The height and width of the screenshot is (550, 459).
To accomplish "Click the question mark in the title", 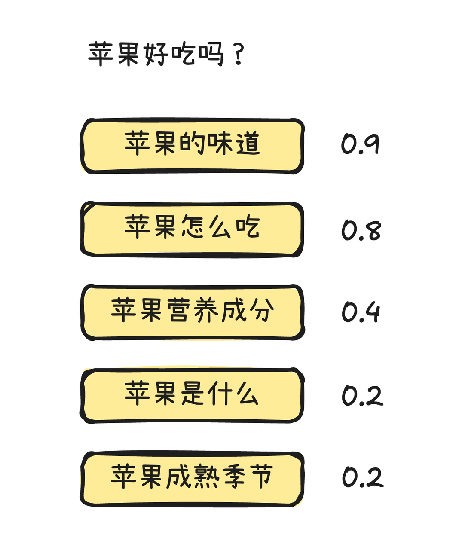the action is pyautogui.click(x=239, y=55).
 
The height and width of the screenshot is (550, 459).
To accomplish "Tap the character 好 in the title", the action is pyautogui.click(x=157, y=54).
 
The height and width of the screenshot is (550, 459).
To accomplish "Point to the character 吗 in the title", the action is pyautogui.click(x=211, y=54).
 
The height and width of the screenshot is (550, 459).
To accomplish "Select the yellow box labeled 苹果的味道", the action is pyautogui.click(x=192, y=146).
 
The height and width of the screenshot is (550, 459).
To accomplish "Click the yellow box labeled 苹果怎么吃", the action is pyautogui.click(x=192, y=229).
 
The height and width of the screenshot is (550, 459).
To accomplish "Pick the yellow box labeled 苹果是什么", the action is pyautogui.click(x=192, y=395).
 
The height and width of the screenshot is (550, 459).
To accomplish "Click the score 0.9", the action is pyautogui.click(x=360, y=144).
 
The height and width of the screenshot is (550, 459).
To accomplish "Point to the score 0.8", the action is pyautogui.click(x=361, y=230).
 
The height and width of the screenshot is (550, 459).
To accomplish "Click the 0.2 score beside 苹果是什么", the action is pyautogui.click(x=362, y=395).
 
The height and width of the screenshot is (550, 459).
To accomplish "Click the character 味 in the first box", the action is pyautogui.click(x=220, y=144).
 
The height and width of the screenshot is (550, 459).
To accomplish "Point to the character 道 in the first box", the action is pyautogui.click(x=248, y=144).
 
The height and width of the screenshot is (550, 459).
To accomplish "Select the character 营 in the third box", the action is pyautogui.click(x=179, y=310).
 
